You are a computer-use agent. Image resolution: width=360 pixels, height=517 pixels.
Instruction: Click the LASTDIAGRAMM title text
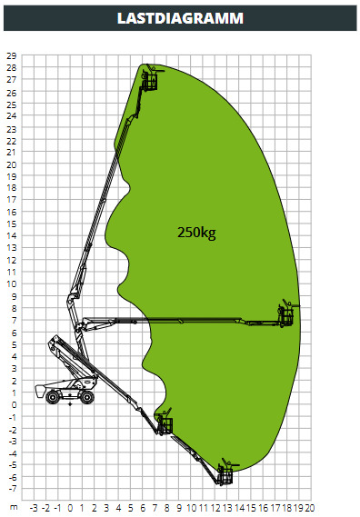180,18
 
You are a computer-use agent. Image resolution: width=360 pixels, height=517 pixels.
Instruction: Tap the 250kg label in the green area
196,233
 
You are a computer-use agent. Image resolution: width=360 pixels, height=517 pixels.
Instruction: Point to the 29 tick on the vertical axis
11,55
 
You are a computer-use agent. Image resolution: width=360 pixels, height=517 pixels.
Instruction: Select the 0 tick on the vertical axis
14,404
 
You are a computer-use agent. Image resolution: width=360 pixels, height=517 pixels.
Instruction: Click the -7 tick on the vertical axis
12,488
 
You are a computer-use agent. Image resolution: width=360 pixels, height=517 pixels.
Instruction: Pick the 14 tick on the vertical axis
11,235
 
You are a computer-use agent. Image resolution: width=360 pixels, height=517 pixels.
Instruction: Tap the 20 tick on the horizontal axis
309,508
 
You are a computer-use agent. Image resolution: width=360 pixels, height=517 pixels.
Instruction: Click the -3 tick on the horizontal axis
34,508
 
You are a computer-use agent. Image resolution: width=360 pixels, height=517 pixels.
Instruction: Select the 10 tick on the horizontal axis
192,508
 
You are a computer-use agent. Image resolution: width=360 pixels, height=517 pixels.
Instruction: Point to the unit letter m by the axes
14,507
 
